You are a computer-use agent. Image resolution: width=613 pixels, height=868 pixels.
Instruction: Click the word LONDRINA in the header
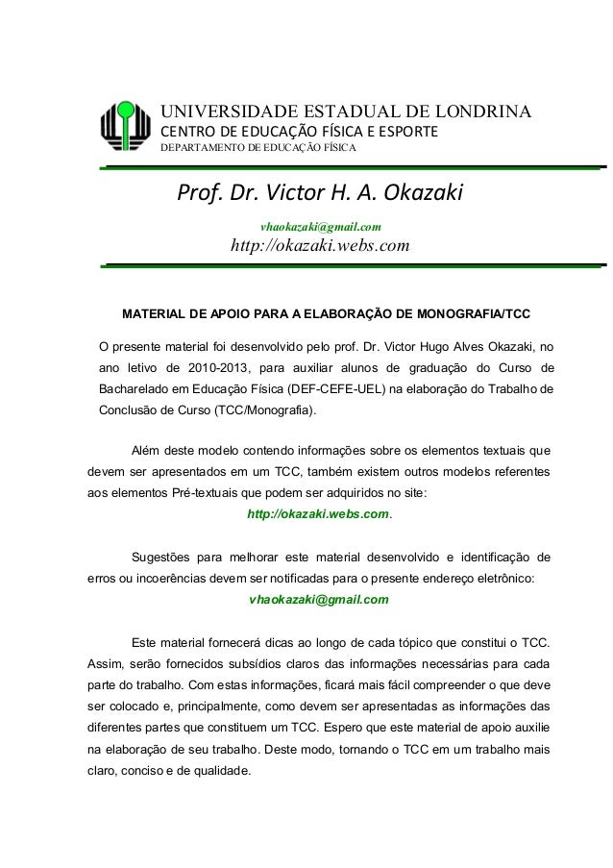tap(460, 111)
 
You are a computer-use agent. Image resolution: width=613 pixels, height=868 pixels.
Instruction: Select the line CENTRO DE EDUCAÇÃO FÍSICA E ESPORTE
tap(299, 131)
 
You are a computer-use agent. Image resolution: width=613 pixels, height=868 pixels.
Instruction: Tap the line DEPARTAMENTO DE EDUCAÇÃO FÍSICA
tap(257, 148)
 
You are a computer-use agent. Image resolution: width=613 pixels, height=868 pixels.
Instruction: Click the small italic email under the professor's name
tap(321, 227)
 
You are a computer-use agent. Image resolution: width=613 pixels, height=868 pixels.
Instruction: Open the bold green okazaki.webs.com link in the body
tap(318, 514)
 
